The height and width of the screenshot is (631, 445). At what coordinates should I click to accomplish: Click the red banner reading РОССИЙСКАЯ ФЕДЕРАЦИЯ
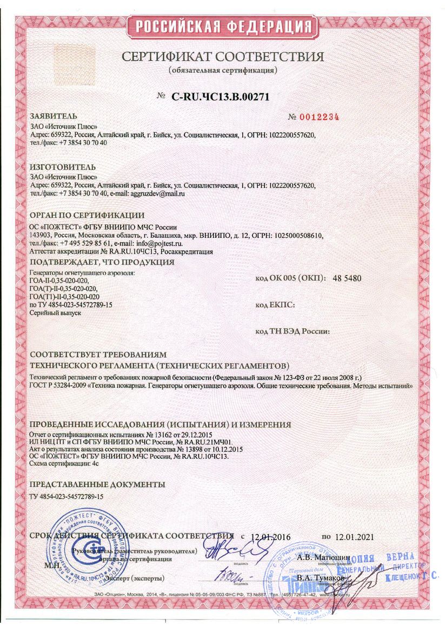coord(222,27)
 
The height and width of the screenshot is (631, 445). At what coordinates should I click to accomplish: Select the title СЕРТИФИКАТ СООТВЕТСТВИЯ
coord(222,57)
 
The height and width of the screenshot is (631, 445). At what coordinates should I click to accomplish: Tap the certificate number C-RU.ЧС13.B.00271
coord(220,97)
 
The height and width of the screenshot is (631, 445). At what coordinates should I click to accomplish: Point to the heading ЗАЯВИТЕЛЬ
coord(54,116)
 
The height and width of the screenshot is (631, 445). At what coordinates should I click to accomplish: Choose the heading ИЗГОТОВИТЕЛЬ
coord(63,166)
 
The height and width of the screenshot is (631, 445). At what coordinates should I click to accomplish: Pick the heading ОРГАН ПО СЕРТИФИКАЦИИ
coord(87,216)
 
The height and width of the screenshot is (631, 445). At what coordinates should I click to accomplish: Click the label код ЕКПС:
coord(274,305)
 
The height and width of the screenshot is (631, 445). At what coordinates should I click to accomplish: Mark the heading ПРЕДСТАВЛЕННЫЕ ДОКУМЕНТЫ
coord(97,484)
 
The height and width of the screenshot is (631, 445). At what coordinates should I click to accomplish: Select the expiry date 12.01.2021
coord(354,537)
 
